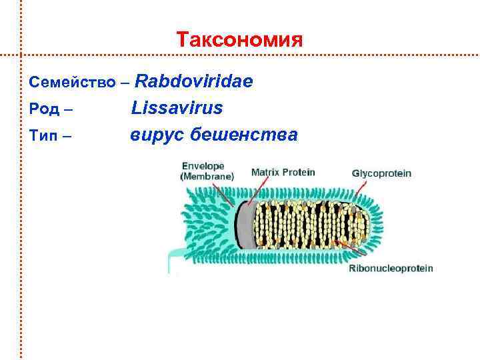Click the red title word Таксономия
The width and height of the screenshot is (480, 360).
tap(240, 39)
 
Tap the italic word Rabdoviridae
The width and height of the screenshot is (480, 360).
tap(193, 81)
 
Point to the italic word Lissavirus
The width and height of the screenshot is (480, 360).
tap(177, 107)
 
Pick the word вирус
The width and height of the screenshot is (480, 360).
tap(157, 135)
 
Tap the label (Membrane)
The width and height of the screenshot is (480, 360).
tap(207, 177)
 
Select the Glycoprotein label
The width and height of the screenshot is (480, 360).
tap(381, 173)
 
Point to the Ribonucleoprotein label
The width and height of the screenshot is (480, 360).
tap(391, 269)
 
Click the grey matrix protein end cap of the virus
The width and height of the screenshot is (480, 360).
tap(245, 223)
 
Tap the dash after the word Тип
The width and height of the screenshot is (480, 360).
tap(68, 137)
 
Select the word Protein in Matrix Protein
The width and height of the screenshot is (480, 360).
tap(300, 172)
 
